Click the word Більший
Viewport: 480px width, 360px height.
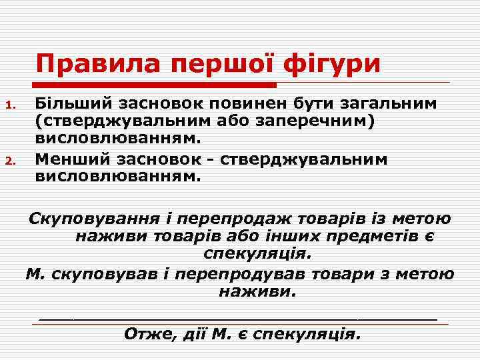[x=73, y=104]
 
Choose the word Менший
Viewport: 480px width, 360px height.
[x=69, y=160]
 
